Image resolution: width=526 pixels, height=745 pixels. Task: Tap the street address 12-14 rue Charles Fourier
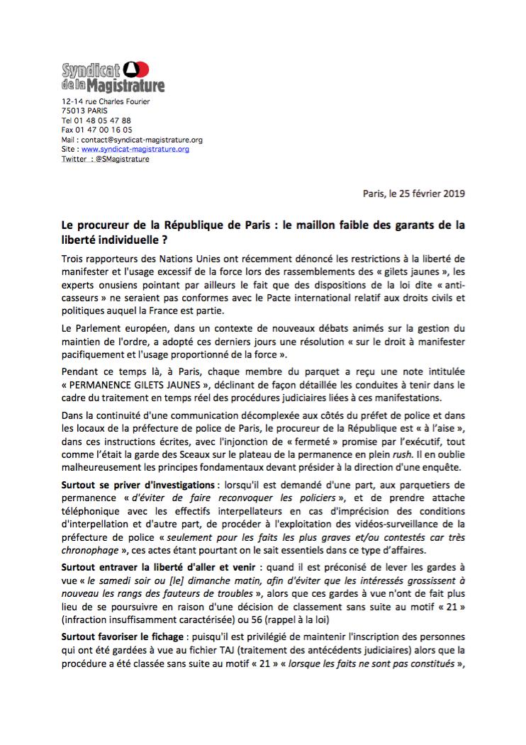106,102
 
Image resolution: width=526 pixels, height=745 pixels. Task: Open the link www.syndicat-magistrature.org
135,150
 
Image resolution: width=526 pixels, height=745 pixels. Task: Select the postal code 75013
73,111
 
